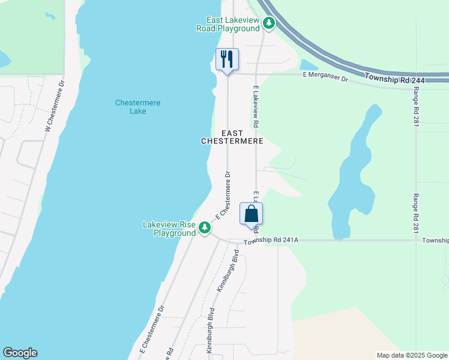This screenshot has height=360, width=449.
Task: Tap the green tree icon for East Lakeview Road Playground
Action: pyautogui.click(x=270, y=23)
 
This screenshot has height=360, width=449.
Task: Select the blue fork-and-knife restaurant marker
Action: pyautogui.click(x=227, y=59)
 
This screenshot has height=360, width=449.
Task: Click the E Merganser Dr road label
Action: pyautogui.click(x=325, y=76)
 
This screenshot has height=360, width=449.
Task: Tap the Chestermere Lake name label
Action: pyautogui.click(x=137, y=107)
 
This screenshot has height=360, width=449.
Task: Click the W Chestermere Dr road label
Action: pyautogui.click(x=54, y=105)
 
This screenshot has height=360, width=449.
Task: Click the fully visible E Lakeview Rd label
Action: pyautogui.click(x=255, y=106)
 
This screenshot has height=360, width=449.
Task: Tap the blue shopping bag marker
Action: pyautogui.click(x=251, y=214)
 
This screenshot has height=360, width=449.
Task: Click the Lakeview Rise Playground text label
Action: pyautogui.click(x=169, y=229)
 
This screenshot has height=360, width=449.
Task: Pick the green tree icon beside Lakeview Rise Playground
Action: pyautogui.click(x=205, y=227)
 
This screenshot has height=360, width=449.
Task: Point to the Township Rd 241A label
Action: pyautogui.click(x=270, y=242)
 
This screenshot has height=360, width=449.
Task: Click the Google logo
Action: pyautogui.click(x=20, y=353)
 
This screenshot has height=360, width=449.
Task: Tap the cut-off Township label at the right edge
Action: pyautogui.click(x=435, y=241)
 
